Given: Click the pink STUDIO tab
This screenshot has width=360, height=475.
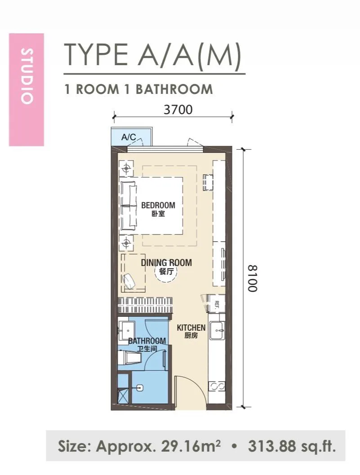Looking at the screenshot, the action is click(27, 90).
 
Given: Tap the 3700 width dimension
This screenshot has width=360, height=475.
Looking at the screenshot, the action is click(178, 109).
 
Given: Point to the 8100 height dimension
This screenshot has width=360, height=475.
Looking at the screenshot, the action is click(252, 279).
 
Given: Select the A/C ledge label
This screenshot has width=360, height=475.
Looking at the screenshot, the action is click(129, 137).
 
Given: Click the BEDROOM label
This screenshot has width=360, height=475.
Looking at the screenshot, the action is click(158, 205).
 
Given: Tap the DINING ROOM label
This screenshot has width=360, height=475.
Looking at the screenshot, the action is click(166, 262).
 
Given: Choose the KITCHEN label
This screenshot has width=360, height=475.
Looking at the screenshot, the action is click(191, 328).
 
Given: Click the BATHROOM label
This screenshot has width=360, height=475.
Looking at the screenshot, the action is click(147, 341).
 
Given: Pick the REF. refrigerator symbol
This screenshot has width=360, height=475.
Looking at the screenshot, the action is click(216, 303).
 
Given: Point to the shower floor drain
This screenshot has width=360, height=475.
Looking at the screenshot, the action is click(140, 387).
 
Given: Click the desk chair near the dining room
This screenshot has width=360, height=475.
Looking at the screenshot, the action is click(130, 281).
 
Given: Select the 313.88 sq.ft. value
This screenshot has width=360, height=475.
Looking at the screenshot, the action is click(292, 446).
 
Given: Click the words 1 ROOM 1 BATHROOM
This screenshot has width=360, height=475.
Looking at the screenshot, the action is click(139, 89).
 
